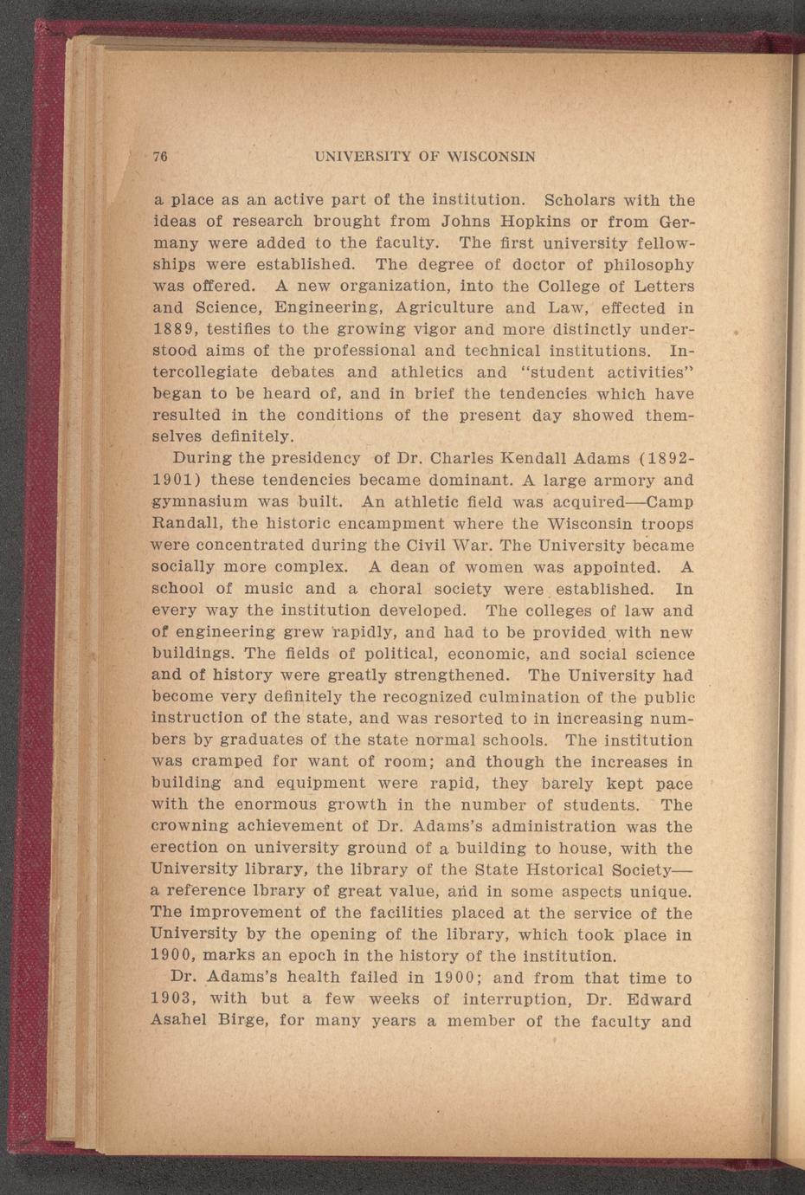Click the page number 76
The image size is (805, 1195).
coord(159,157)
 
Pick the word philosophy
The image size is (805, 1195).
coord(647,265)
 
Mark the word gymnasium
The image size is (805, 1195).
coord(195,501)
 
